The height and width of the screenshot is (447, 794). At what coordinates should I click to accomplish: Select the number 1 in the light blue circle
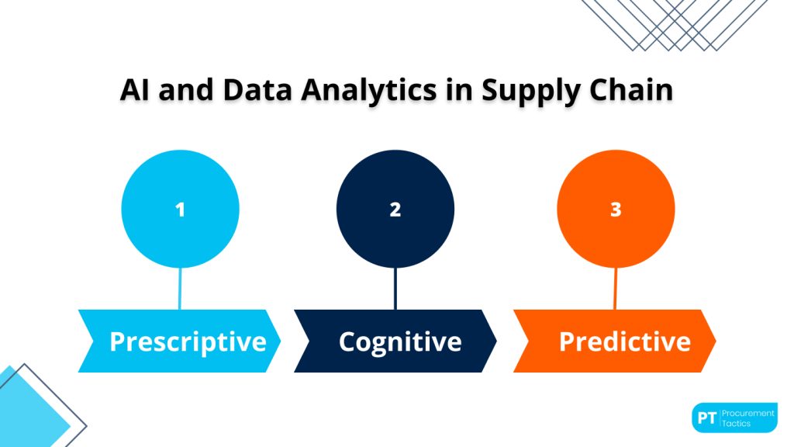[181, 210]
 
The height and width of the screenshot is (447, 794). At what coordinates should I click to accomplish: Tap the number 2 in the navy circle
[395, 210]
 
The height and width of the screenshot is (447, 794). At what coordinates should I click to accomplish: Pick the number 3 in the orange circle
[616, 210]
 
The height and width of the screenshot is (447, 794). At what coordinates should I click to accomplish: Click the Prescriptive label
[188, 341]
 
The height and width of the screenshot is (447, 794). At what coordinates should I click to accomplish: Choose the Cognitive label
[400, 341]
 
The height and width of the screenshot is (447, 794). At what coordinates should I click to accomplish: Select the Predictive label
[624, 341]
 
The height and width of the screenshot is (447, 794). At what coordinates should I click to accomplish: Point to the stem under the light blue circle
[181, 289]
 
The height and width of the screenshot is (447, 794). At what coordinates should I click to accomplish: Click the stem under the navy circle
[395, 289]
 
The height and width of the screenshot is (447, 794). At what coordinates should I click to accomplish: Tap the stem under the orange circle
[616, 289]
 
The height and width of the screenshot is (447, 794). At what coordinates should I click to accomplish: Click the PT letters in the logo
[706, 418]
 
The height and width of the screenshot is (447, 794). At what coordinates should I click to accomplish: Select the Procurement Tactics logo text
[748, 418]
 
